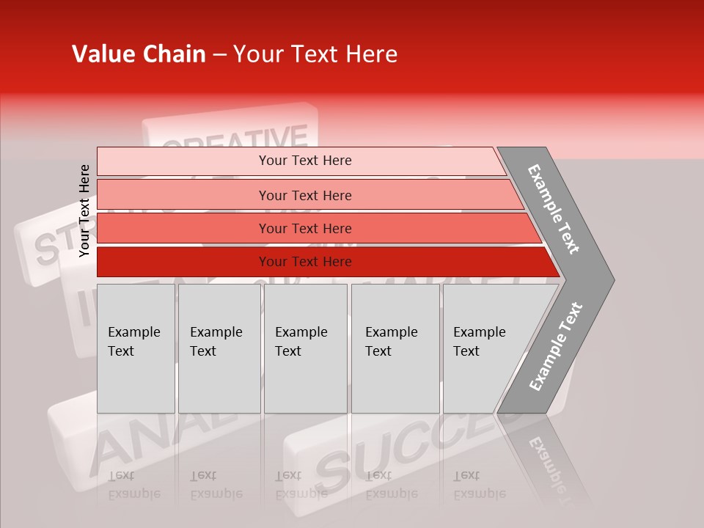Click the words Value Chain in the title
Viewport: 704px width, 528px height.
pos(139,54)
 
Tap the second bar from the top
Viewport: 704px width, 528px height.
pos(305,195)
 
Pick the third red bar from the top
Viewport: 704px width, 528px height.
pos(305,229)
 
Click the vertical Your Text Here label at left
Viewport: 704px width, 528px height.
pos(84,210)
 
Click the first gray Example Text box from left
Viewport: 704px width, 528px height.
pos(136,348)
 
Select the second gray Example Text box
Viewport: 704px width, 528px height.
pos(219,348)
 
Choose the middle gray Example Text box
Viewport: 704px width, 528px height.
pos(305,348)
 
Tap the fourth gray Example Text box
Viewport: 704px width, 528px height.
pos(395,348)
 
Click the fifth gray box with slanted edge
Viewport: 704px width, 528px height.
pos(484,348)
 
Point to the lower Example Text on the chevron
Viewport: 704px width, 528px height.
pos(556,347)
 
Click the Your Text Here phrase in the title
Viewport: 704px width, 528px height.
pos(315,54)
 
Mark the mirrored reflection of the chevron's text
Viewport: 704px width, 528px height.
pos(546,462)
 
